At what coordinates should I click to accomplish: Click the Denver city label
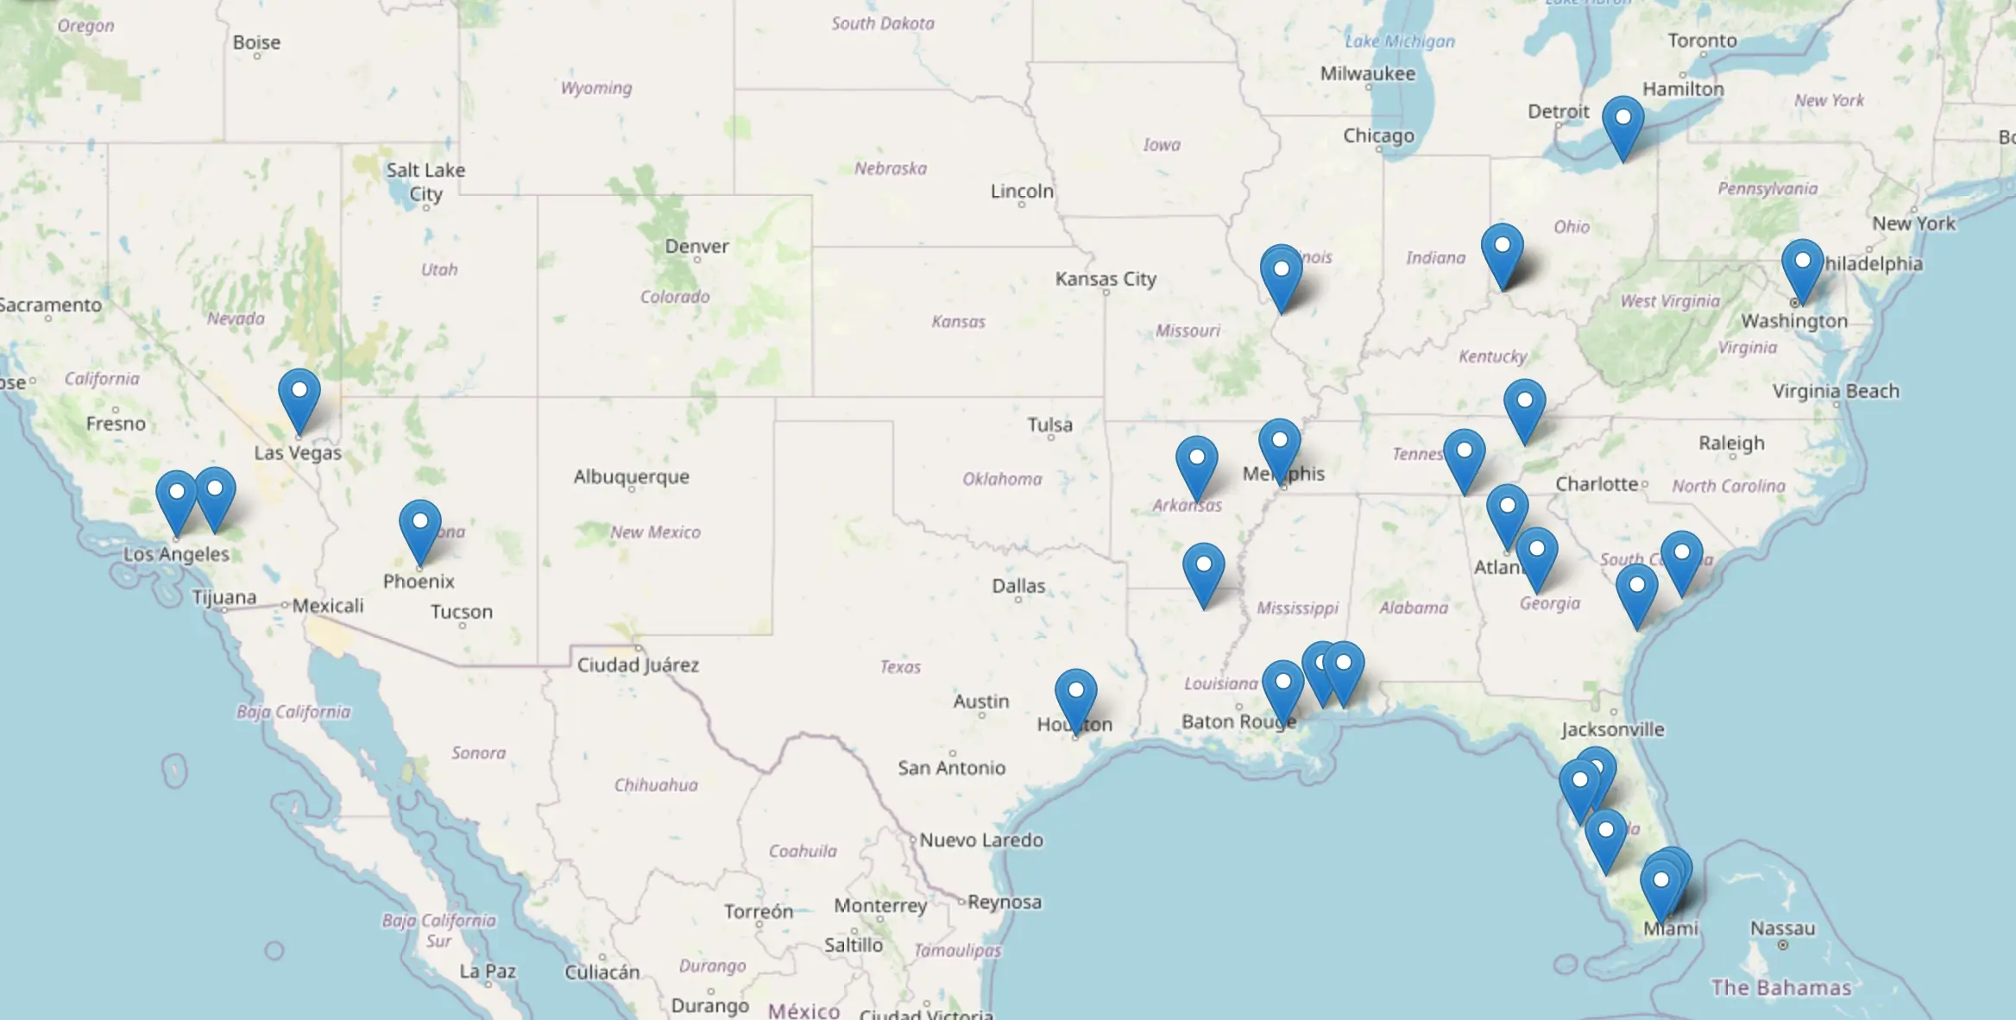(696, 247)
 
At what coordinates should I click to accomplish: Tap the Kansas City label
(1106, 279)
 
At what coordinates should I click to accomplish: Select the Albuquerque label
(631, 476)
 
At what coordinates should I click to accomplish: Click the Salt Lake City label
(425, 181)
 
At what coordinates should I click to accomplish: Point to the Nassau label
(1782, 929)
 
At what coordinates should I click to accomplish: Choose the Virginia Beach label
(1836, 391)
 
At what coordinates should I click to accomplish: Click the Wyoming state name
(595, 88)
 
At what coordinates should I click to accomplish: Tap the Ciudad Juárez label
(638, 664)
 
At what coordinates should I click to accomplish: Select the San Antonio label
(951, 767)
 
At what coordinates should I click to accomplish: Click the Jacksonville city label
(1612, 729)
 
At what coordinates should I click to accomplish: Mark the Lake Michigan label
(1399, 41)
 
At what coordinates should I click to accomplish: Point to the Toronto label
(1702, 41)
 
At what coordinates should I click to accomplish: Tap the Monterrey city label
(879, 905)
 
